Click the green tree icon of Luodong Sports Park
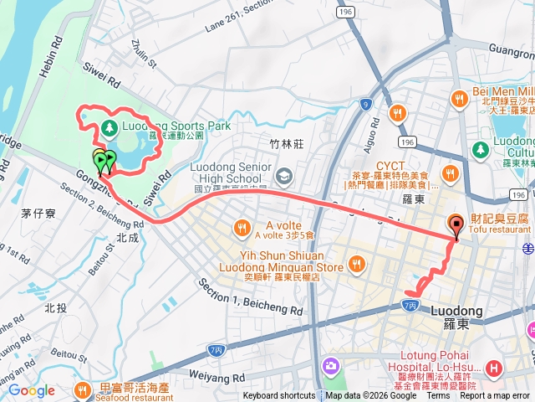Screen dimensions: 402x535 [108, 127]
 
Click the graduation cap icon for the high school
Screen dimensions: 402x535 [284, 175]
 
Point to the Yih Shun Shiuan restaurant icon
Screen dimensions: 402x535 [357, 265]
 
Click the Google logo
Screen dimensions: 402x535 [31, 390]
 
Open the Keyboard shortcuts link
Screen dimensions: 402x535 [279, 396]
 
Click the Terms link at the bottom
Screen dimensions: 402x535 [437, 396]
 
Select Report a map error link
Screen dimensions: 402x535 [495, 396]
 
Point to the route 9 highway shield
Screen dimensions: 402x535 [366, 105]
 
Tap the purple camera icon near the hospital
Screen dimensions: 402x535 [332, 366]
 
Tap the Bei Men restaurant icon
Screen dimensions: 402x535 [459, 100]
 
